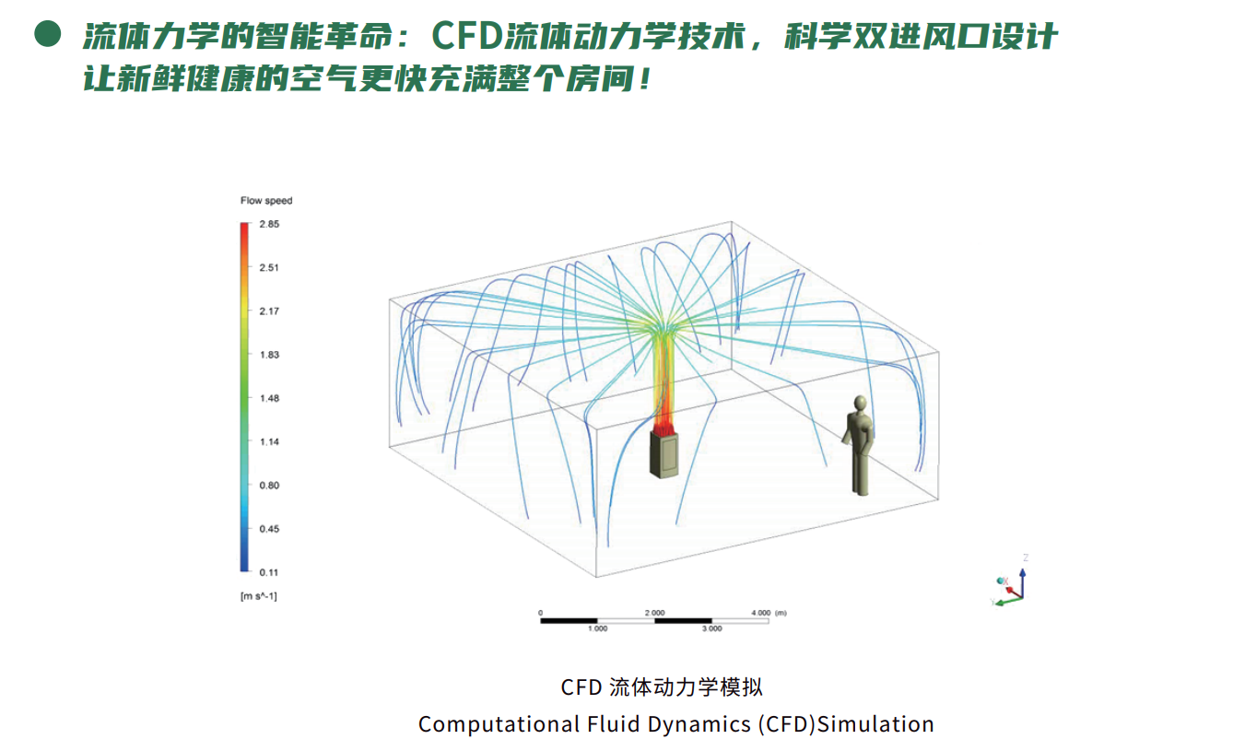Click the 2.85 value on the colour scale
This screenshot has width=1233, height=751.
269,224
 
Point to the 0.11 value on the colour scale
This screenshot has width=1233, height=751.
269,572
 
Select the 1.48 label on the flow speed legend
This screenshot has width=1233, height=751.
269,398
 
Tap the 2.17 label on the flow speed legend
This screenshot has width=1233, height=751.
269,311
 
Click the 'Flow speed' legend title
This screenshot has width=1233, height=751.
265,201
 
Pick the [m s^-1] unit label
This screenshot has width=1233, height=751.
258,596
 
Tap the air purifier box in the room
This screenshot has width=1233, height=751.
663,454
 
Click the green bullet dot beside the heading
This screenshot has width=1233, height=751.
47,36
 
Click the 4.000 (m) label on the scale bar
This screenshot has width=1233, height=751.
769,612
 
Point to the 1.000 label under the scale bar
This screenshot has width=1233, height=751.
597,628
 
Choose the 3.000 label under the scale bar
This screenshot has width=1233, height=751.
711,628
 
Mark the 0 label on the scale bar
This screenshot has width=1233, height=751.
540,612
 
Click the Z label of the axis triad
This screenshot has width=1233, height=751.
1025,557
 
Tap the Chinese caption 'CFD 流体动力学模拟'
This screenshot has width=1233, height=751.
662,687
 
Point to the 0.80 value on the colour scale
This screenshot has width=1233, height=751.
269,486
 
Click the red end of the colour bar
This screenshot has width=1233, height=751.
243,230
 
